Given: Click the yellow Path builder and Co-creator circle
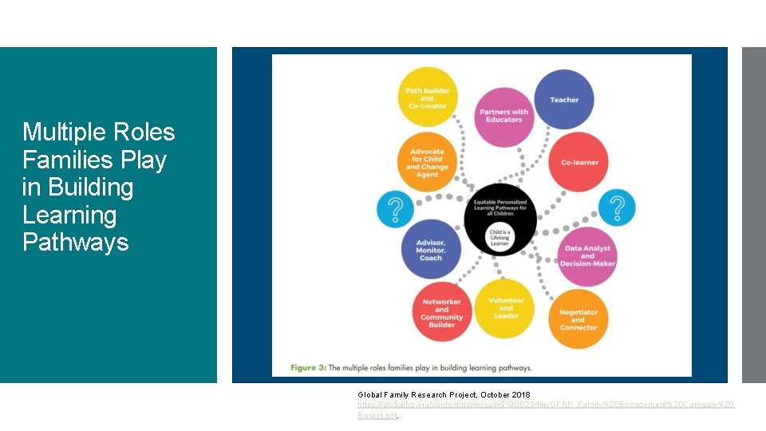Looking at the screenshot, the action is point(428,97).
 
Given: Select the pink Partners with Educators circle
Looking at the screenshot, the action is point(503,116).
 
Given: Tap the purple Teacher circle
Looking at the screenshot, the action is point(563,100).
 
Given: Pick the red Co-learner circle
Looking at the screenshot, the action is point(579,162).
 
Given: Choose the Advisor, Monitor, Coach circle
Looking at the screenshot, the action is point(431,249).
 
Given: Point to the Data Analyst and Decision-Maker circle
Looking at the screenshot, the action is point(586,255).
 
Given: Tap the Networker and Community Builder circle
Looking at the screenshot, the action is point(441,312).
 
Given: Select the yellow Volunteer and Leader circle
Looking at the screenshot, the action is point(505,308).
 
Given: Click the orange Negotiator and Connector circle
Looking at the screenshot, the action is point(578,319).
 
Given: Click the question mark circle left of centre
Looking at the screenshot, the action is point(396,208).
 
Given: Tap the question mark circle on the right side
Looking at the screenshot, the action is point(617,208).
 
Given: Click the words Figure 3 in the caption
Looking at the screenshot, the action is point(308,367).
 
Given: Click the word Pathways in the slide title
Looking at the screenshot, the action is point(76,242).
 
